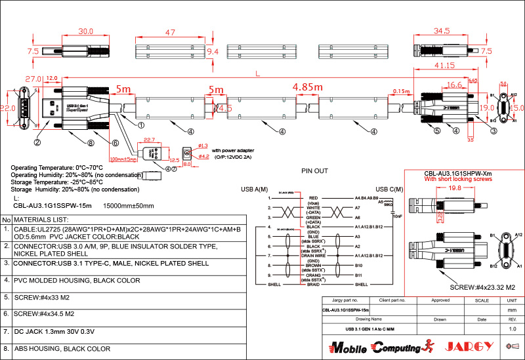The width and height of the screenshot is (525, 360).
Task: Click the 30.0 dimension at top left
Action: point(85,31)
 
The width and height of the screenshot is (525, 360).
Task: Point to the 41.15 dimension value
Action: point(444,66)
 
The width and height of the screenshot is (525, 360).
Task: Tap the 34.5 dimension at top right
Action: point(442,31)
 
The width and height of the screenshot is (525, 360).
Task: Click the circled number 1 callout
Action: point(141,123)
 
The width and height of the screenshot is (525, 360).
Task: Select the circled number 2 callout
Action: point(38,142)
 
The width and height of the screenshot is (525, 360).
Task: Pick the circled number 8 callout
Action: point(91,142)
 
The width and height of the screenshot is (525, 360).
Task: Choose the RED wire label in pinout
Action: point(313,196)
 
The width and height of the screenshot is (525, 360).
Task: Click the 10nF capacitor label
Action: point(397,215)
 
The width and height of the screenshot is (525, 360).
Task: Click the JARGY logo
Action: point(467,346)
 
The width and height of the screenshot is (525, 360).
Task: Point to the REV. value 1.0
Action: point(513,329)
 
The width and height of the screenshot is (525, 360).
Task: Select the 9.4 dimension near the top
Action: point(213,50)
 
